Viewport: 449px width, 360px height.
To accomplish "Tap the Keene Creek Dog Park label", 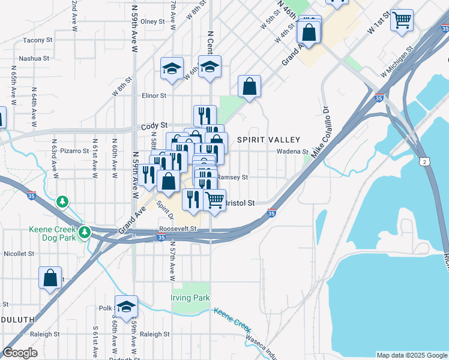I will click(52, 234).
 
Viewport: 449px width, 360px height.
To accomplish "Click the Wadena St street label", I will click(296, 152).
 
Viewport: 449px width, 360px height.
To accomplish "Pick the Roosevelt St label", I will click(178, 229).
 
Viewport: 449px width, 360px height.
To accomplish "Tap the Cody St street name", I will click(153, 127).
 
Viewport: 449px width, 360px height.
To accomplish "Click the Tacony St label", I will click(38, 40).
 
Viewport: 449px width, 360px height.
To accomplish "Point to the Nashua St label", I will click(34, 58).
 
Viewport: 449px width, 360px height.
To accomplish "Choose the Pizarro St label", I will click(74, 151).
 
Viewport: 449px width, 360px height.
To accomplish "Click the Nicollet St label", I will click(19, 254).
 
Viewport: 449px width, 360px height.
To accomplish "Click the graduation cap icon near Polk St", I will click(126, 306).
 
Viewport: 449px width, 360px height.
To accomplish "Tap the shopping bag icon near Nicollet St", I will click(50, 278).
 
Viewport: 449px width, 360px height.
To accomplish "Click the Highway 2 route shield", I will click(425, 162).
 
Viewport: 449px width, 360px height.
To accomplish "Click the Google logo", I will click(20, 353).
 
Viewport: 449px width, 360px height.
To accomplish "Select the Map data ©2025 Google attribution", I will click(412, 355).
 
